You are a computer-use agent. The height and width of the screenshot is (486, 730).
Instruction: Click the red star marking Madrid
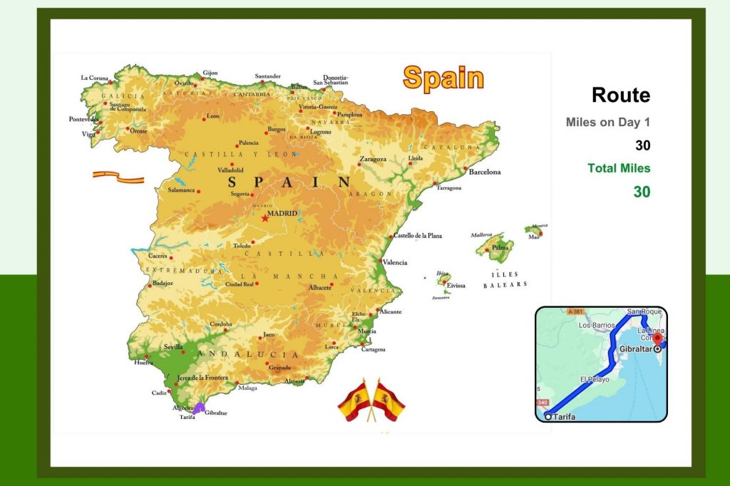(x=265, y=218)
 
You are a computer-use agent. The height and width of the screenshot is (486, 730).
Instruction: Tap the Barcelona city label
(x=485, y=172)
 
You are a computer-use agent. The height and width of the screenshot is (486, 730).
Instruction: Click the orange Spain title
(x=443, y=78)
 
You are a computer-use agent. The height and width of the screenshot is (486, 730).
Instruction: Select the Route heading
(x=621, y=95)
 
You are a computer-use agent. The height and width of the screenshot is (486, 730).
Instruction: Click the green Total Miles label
(x=619, y=168)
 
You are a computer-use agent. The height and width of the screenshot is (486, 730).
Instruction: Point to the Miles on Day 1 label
(x=608, y=122)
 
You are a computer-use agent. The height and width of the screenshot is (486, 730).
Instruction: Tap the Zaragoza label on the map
(x=373, y=159)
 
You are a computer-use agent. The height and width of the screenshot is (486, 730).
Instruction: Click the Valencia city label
(x=395, y=262)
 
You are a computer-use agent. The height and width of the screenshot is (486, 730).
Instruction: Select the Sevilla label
(x=173, y=347)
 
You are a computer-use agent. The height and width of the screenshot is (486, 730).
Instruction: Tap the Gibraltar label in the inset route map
(x=637, y=349)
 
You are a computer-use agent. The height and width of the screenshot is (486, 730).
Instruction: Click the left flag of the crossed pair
(x=355, y=400)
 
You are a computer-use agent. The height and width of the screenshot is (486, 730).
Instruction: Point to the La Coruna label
(x=94, y=78)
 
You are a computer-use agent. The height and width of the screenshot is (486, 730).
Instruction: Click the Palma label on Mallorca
(x=501, y=248)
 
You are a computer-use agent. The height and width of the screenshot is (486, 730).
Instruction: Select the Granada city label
(x=279, y=368)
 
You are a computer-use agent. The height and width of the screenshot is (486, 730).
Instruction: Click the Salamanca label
(x=181, y=190)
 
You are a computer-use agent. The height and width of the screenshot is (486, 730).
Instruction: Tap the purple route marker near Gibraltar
(x=200, y=408)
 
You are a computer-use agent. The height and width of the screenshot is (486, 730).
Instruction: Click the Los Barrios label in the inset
(x=597, y=325)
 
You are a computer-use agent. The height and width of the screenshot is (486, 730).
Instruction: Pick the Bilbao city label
(x=299, y=87)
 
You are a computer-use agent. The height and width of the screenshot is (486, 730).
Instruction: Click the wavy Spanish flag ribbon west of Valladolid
(x=118, y=175)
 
